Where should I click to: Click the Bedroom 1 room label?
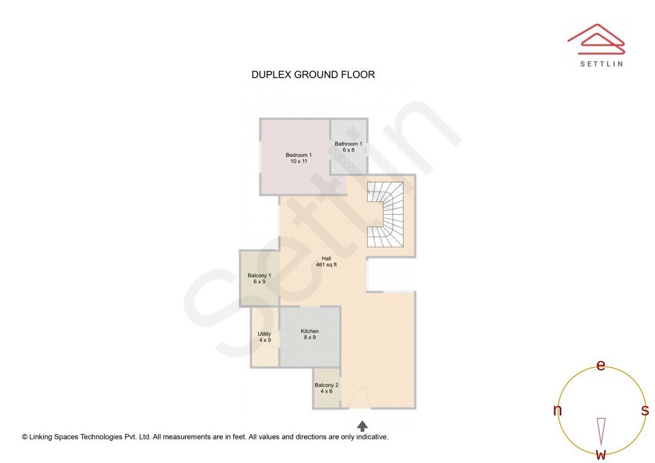tap(298, 155)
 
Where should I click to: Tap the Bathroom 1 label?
tap(348, 144)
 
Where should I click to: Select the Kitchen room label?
tap(309, 331)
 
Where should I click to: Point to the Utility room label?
tap(264, 334)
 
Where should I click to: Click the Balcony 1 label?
tap(259, 276)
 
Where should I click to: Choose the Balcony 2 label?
tap(326, 385)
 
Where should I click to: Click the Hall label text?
tap(326, 258)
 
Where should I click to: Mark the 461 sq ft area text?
tap(326, 265)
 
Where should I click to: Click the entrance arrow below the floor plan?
tap(362, 426)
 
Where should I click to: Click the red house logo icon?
tap(596, 38)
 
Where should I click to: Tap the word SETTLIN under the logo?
tap(601, 64)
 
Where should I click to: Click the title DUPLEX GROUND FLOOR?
tap(313, 75)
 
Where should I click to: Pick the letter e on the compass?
tap(601, 365)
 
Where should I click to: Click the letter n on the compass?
tap(557, 410)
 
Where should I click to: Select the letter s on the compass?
tap(645, 410)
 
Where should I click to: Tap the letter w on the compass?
tap(600, 455)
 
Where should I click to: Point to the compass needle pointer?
tap(601, 431)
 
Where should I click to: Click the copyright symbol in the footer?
tap(25, 436)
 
